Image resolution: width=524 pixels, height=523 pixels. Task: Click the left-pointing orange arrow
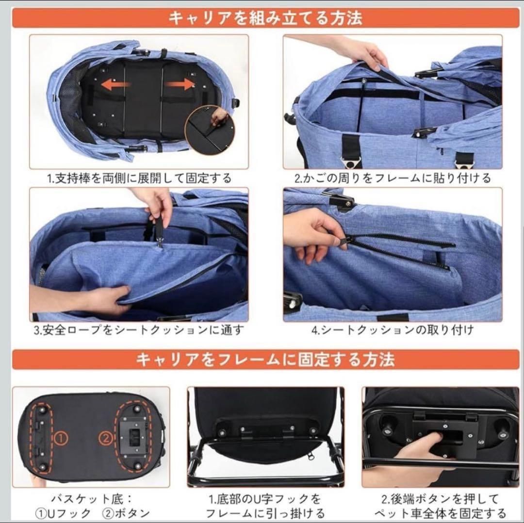pos(115,85)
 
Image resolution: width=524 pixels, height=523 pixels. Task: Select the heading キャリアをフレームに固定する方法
pos(265,360)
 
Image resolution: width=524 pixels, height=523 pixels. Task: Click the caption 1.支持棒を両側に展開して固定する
pos(139,178)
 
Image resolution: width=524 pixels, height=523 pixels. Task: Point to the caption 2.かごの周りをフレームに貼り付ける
pos(393,178)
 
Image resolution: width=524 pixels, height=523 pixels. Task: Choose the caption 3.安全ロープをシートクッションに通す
pos(139,330)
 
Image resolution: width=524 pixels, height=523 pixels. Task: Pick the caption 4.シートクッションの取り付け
pos(393,330)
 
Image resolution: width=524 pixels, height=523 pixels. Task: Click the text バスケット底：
pos(91,499)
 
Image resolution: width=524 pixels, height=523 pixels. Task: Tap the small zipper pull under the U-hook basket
pos(311,455)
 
